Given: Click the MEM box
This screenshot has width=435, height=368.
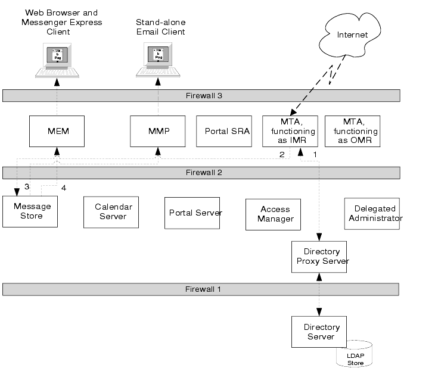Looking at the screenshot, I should click(x=57, y=131).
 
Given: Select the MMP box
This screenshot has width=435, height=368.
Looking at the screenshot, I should click(x=158, y=131).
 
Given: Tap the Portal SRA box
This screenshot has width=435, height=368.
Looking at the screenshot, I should click(x=227, y=131).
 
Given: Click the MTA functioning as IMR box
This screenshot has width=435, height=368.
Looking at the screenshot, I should click(x=290, y=131).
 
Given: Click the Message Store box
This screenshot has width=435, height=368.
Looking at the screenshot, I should click(x=31, y=211).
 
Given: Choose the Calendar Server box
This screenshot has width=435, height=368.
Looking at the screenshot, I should click(x=113, y=211).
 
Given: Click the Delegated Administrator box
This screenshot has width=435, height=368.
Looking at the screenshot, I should click(x=372, y=214).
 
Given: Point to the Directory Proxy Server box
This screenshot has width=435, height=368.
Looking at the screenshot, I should click(x=319, y=257).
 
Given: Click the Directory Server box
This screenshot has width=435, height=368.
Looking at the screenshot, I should click(x=319, y=332).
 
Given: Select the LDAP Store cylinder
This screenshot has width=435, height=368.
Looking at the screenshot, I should click(x=355, y=355).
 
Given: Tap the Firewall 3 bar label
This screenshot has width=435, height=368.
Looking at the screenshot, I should click(x=201, y=95).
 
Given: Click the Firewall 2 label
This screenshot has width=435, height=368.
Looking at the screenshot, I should click(x=201, y=173).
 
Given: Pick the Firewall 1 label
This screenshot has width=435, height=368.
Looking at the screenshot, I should click(x=201, y=289).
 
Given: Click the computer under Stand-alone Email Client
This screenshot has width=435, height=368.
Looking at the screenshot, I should click(x=158, y=60).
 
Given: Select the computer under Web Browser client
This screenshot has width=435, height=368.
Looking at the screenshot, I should click(x=57, y=60).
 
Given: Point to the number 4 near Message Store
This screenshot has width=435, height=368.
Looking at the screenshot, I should click(x=64, y=188).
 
